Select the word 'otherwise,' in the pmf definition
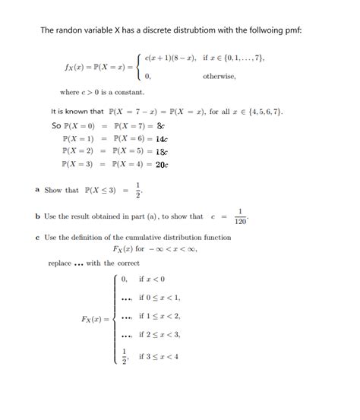pos(219,77)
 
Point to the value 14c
pos(161,139)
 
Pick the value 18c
pos(161,151)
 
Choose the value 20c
pos(161,164)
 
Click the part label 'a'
pos(38,189)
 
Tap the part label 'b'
pos(38,216)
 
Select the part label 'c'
pos(38,237)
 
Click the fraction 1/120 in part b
pos(241,216)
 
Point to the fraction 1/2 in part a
pos(137,189)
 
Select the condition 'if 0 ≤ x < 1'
pos(159,298)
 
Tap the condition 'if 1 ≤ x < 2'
pos(159,316)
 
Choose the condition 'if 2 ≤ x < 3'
pos(159,334)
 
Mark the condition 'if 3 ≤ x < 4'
pos(159,356)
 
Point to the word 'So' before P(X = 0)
pos(55,126)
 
